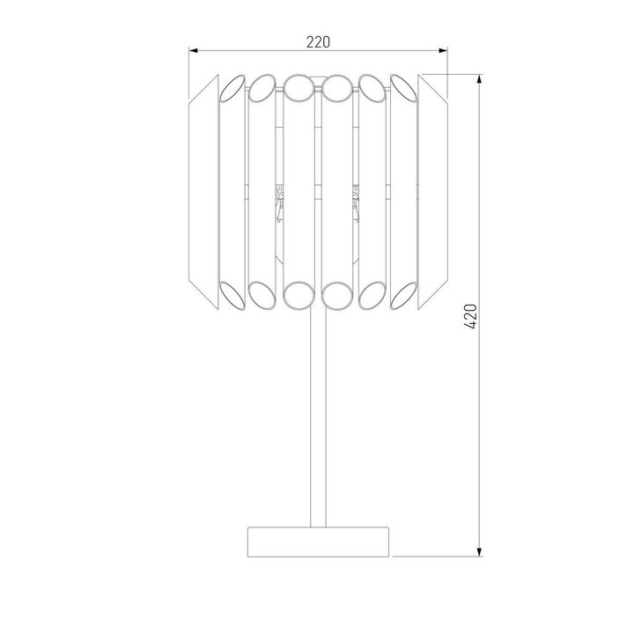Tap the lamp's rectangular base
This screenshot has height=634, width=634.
318,540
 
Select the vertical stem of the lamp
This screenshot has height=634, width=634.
318,414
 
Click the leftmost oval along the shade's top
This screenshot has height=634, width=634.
231,88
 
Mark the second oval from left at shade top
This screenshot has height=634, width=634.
262,87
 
